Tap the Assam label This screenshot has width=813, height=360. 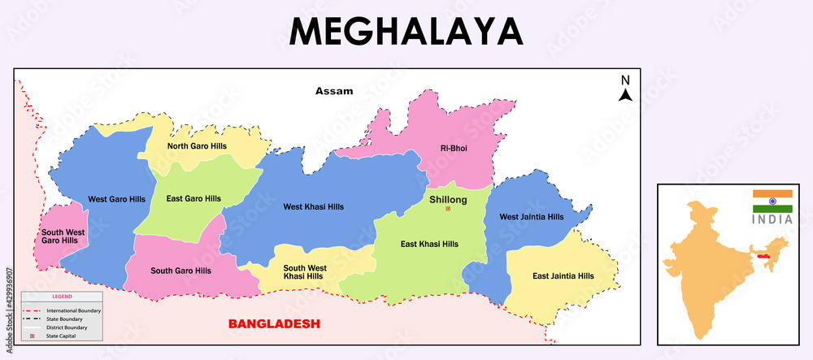click(x=334, y=91)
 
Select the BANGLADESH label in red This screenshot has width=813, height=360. click(x=274, y=323)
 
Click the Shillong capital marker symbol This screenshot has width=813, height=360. click(x=447, y=210)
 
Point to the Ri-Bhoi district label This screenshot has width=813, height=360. click(x=454, y=148)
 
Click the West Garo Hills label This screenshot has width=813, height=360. click(x=116, y=199)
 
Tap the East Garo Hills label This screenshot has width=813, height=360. click(x=193, y=198)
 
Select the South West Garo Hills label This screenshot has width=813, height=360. click(x=63, y=236)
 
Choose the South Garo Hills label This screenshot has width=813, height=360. click(x=180, y=271)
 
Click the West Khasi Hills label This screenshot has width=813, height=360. click(x=313, y=206)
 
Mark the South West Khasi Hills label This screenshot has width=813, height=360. click(x=305, y=272)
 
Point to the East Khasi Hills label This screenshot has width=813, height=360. click(x=429, y=244)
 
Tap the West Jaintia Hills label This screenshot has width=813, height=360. click(x=531, y=217)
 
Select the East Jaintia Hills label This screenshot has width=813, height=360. click(x=563, y=276)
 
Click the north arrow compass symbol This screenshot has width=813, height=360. click(x=625, y=89)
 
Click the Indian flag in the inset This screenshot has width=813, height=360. click(x=772, y=202)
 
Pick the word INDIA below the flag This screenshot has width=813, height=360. click(x=772, y=219)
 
